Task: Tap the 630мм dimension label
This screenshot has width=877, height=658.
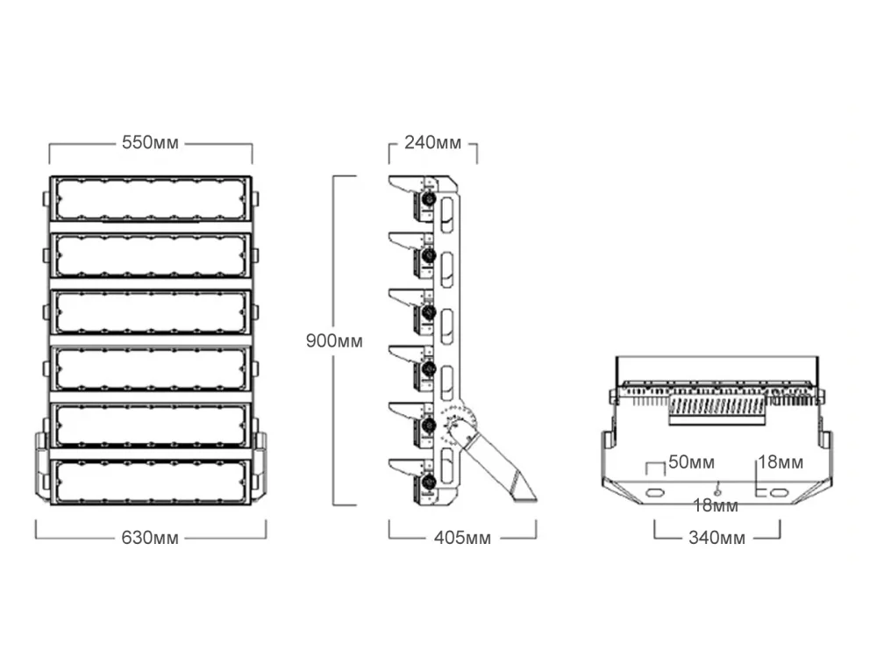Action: point(150,537)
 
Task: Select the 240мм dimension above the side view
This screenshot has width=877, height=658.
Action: point(432,143)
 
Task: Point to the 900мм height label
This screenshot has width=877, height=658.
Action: point(333,340)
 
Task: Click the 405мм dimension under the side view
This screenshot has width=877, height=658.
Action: point(462,537)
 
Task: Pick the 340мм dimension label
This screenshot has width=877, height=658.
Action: point(717,537)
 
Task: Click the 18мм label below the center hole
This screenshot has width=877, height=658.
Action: point(716,505)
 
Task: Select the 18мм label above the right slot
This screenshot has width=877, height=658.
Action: point(781,462)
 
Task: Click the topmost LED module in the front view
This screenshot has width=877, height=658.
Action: point(150,198)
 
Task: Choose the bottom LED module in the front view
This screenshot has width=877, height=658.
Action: point(150,482)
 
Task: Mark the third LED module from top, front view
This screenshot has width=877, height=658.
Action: point(150,312)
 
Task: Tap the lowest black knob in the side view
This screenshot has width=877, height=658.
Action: point(430,482)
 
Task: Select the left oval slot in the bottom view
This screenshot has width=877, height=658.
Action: point(654,492)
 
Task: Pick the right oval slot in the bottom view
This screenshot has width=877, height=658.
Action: point(778,492)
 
